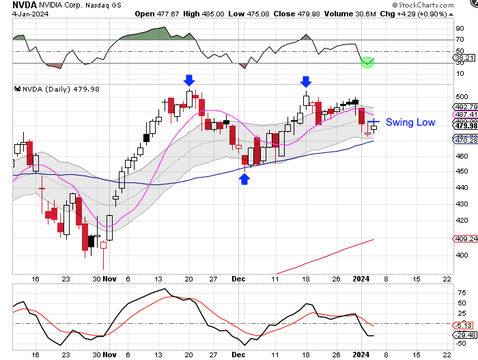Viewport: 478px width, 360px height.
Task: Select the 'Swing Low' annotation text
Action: click(410, 122)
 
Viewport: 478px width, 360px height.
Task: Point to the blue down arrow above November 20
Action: click(189, 81)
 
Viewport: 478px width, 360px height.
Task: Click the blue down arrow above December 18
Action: click(307, 81)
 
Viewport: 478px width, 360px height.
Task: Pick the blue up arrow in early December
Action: click(244, 178)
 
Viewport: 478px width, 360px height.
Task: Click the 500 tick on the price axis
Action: click(462, 97)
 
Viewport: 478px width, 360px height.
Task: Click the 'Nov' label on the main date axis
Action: click(111, 279)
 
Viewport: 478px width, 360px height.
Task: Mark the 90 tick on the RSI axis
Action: click(460, 28)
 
